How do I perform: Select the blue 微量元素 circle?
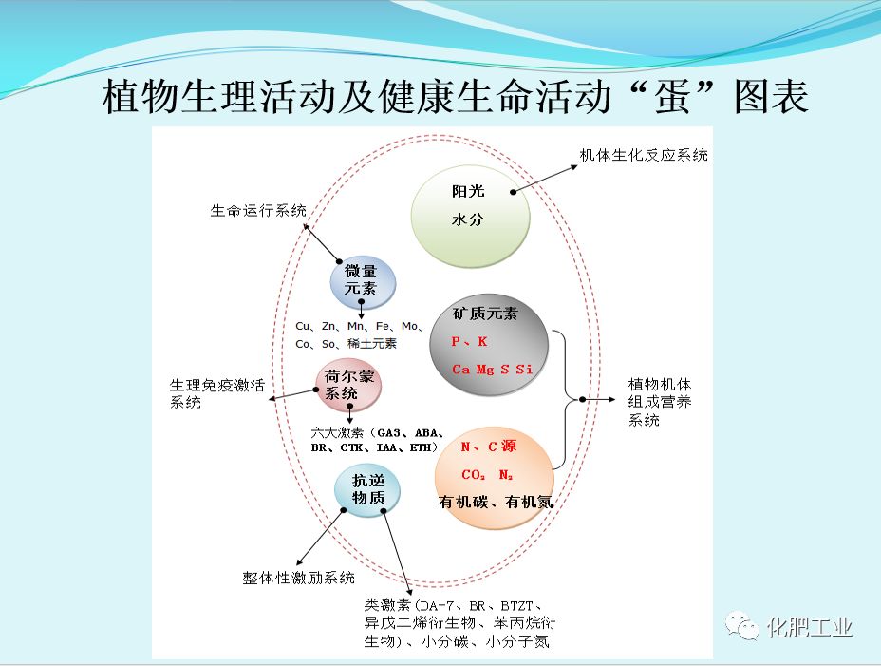coord(363,281)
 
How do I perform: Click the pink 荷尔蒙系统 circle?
coord(348,384)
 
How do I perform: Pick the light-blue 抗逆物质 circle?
coord(367,490)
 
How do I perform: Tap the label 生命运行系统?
coord(258,211)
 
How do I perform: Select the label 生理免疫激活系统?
coord(216,393)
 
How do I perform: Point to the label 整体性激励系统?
coord(299,578)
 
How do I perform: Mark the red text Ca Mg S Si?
coord(492,369)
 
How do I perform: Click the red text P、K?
coord(470,341)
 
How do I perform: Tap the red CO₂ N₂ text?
coord(486,475)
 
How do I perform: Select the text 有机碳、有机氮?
coord(495,502)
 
